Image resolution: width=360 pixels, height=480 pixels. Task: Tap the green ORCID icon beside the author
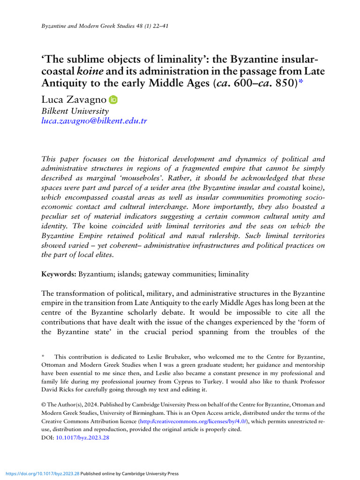[x=113, y=100]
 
